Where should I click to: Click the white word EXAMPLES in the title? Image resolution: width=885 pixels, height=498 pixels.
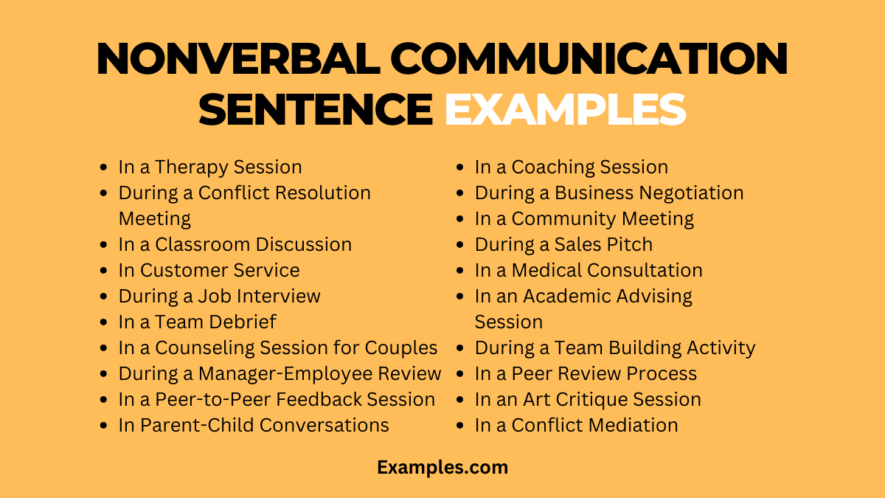pyautogui.click(x=566, y=109)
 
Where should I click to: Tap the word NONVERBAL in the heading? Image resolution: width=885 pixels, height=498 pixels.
pyautogui.click(x=239, y=58)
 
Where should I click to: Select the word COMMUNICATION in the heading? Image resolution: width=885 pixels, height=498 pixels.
pyautogui.click(x=589, y=58)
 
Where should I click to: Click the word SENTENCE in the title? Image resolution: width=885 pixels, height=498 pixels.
pyautogui.click(x=316, y=109)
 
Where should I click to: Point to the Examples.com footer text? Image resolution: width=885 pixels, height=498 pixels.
pyautogui.click(x=442, y=467)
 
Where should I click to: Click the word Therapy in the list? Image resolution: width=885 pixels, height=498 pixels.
pyautogui.click(x=191, y=167)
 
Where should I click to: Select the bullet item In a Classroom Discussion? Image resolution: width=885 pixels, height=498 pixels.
pyautogui.click(x=235, y=244)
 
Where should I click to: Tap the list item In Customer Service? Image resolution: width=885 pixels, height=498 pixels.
pyautogui.click(x=209, y=270)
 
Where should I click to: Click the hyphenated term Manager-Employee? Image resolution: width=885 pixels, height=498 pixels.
pyautogui.click(x=285, y=374)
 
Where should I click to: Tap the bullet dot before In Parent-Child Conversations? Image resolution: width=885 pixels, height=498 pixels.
pyautogui.click(x=103, y=426)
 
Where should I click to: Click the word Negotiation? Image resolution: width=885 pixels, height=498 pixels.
pyautogui.click(x=692, y=193)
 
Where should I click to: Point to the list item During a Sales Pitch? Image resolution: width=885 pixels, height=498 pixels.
pyautogui.click(x=563, y=244)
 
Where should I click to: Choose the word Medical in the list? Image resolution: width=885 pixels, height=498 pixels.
pyautogui.click(x=546, y=270)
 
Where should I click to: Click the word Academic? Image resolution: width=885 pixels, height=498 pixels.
pyautogui.click(x=567, y=296)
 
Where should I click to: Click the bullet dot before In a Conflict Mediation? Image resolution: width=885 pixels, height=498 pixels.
pyautogui.click(x=460, y=426)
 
